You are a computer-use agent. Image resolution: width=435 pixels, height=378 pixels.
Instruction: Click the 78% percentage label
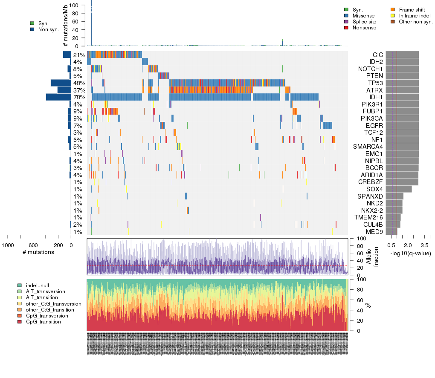coord(78,97)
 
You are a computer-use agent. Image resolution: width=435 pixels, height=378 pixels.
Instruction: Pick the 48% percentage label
coord(78,83)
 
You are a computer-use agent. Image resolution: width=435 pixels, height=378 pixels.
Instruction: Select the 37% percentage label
coord(78,90)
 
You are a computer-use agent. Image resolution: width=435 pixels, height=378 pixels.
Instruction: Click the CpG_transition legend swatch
coord(20,322)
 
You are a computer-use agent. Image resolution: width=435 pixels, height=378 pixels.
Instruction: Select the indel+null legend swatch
coord(20,285)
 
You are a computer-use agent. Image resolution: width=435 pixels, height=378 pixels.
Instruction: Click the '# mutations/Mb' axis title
coord(65,26)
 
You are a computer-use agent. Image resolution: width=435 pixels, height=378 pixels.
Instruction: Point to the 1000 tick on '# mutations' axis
coord(8,245)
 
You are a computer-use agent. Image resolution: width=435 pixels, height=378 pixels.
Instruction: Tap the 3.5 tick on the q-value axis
coord(425,245)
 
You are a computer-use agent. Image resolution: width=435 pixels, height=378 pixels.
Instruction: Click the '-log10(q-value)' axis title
coord(410,253)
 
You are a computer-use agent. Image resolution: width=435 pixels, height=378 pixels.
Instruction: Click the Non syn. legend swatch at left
coord(32,29)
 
